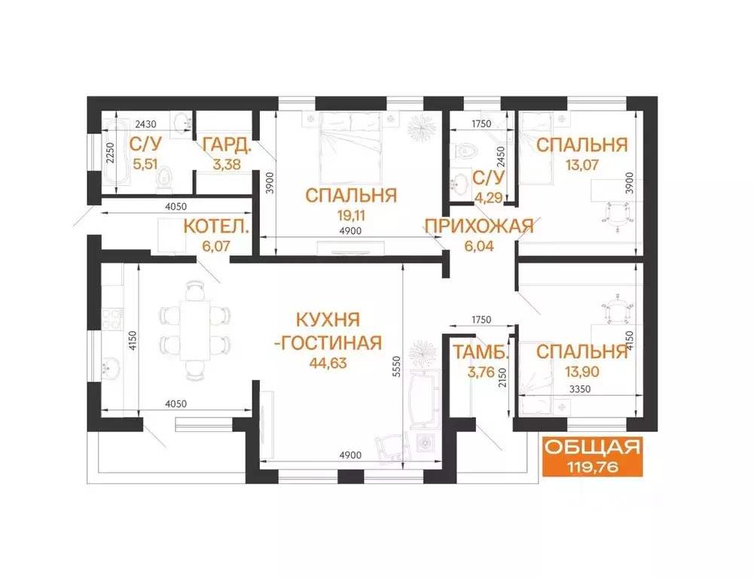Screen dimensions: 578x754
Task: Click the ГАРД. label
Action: point(224,143)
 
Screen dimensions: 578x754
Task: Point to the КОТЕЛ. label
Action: point(217,225)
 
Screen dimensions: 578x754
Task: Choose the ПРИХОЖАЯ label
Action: point(478,225)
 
